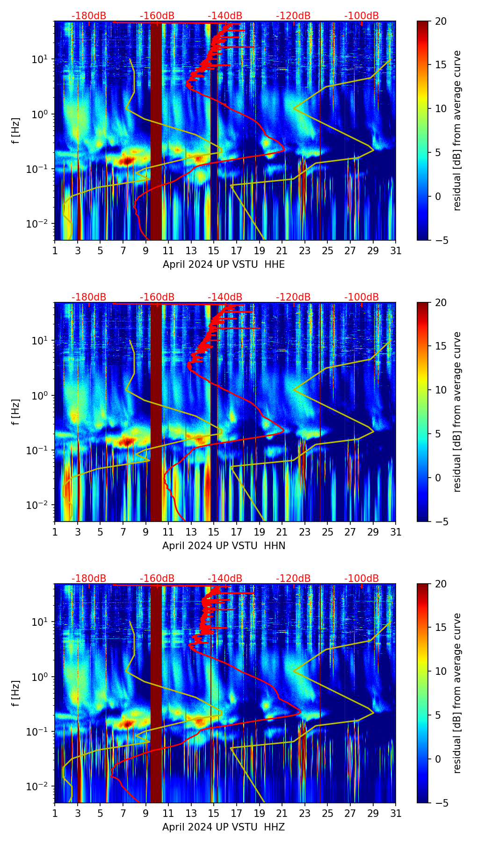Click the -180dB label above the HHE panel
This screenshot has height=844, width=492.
89,16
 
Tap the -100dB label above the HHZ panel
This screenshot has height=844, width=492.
362,579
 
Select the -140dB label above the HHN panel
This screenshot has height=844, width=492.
225,297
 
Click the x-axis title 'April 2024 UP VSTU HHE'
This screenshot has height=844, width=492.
224,265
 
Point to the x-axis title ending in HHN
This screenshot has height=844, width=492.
224,546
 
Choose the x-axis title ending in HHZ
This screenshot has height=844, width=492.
224,827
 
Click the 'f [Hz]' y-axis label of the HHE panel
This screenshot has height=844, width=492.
16,131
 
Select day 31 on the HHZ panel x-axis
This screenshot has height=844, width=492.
396,814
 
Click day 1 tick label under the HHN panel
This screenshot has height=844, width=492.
55,532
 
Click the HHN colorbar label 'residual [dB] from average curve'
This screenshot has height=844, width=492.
457,412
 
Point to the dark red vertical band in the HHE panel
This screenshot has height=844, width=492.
156,131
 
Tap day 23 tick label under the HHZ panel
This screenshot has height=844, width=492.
305,814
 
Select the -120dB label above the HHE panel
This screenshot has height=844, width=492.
293,16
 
